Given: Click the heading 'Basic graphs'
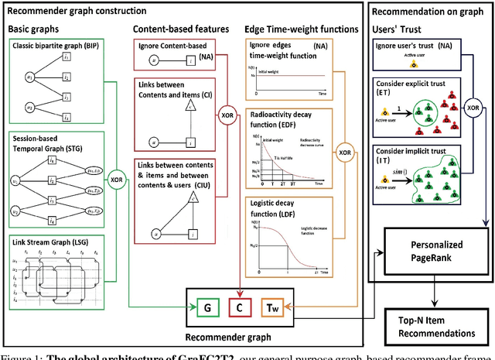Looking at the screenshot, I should tap(36, 29).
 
